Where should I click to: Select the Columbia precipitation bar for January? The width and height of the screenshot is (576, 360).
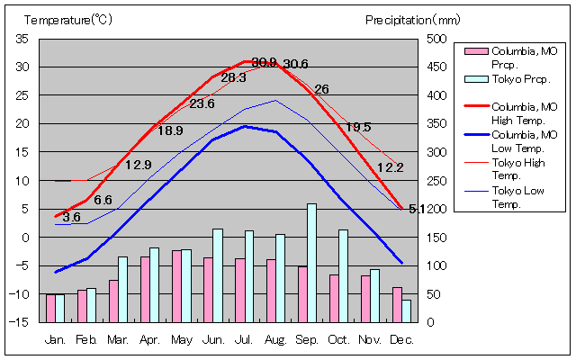click(x=50, y=308)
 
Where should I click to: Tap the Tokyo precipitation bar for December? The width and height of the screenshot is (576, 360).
click(x=406, y=310)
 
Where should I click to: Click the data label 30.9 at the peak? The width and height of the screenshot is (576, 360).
click(x=264, y=62)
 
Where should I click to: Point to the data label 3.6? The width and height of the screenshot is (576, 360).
click(x=71, y=217)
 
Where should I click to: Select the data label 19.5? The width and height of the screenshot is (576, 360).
click(x=358, y=127)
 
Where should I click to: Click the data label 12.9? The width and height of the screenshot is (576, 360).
click(x=138, y=165)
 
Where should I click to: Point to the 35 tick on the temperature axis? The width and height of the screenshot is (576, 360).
click(x=22, y=39)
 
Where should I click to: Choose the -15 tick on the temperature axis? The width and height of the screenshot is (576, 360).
click(x=21, y=322)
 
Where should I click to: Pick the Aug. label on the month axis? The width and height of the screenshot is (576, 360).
click(x=275, y=340)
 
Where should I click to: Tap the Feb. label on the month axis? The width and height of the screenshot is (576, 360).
click(x=86, y=340)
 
